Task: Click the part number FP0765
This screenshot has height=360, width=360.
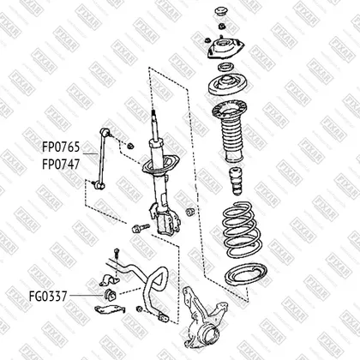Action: pos(61,147)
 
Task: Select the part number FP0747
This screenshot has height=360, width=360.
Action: pos(61,165)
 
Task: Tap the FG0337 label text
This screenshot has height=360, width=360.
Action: pos(48,297)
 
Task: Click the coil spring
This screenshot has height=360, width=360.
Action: pos(243,230)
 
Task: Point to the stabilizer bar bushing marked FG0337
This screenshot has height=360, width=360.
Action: pos(109,295)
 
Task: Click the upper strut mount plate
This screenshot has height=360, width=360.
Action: pos(225,48)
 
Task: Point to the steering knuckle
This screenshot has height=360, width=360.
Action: pos(204,315)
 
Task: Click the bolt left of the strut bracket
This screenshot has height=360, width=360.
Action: pos(141,228)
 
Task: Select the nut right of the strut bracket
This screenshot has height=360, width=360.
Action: pos(189,212)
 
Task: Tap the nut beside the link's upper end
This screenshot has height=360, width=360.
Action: pos(130,146)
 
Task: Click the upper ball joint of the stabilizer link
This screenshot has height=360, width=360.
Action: pos(105,132)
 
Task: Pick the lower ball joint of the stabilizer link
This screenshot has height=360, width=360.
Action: pos(99,186)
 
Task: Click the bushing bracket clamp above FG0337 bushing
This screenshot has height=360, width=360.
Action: pos(109,280)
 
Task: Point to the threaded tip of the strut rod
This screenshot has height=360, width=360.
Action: pos(153,113)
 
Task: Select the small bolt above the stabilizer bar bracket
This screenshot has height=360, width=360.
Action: pos(117,253)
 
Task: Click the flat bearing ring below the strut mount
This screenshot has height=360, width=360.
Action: pos(225,67)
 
